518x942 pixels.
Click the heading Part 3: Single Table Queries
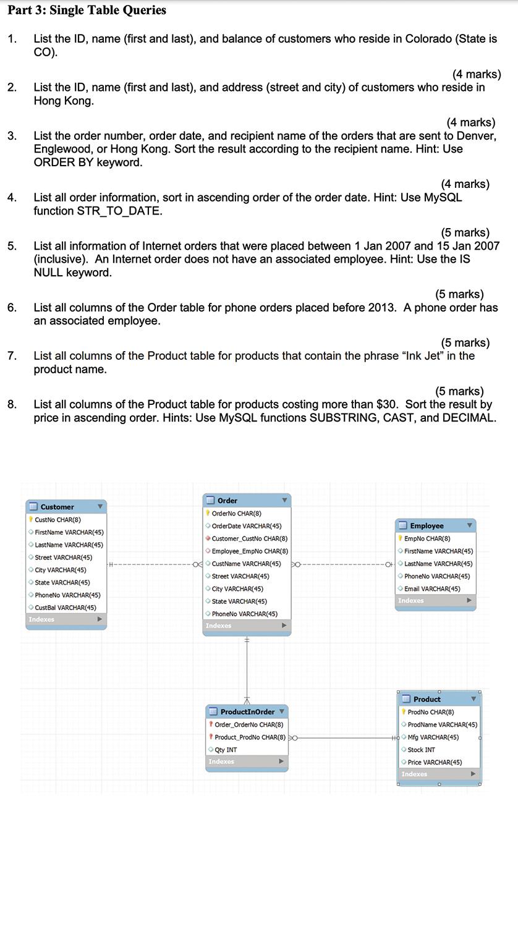[87, 10]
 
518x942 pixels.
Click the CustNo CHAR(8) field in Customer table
[57, 520]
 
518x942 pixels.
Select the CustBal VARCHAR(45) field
[66, 608]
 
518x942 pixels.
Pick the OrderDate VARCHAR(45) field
[246, 526]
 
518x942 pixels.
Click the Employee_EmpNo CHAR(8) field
[249, 551]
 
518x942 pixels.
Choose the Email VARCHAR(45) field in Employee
[432, 589]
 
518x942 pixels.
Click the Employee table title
[427, 526]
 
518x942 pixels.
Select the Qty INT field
[226, 750]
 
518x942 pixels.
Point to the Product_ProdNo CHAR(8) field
[250, 737]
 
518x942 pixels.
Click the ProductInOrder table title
[247, 712]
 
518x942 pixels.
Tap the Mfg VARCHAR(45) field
[433, 737]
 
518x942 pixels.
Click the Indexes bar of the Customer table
[66, 619]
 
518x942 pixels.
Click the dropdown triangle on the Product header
[473, 699]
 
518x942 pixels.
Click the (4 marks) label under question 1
[476, 74]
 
